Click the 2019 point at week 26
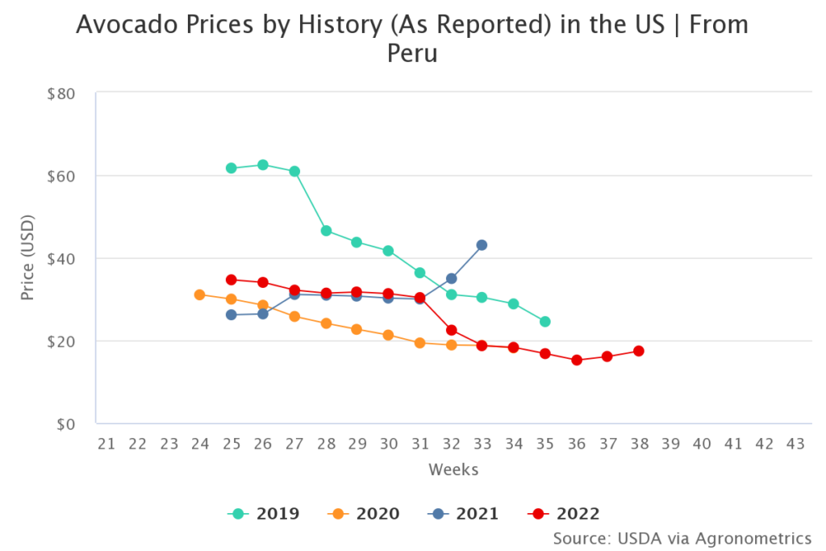[263, 165]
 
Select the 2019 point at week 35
[545, 321]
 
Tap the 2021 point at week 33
[482, 244]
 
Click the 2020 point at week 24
[200, 294]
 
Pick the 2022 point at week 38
[639, 351]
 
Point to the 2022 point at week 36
[577, 360]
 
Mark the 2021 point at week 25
[232, 315]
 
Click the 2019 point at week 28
[326, 231]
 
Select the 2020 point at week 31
[419, 343]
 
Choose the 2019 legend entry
[264, 513]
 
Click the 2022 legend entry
[564, 513]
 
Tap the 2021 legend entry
[463, 513]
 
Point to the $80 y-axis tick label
[61, 94]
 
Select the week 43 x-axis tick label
[795, 444]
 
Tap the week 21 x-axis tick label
[106, 444]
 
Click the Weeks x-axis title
[453, 470]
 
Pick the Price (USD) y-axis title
[27, 258]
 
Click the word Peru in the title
[412, 54]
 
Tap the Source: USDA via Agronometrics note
[682, 538]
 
